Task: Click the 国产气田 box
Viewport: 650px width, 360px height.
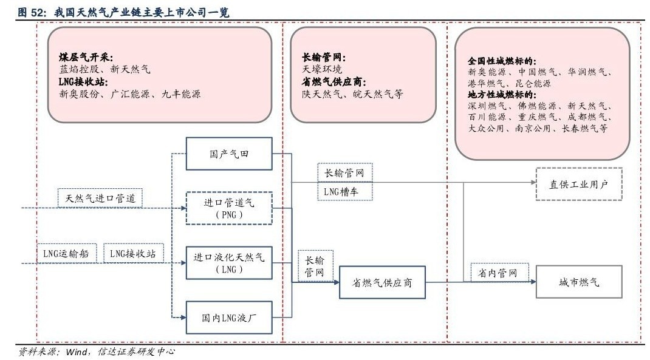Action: (228, 154)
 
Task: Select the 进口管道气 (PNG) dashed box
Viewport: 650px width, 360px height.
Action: (228, 208)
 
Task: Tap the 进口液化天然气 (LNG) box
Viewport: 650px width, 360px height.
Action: (228, 263)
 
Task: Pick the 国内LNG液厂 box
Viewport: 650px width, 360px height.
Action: (228, 318)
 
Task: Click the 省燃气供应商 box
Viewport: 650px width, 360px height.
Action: (381, 282)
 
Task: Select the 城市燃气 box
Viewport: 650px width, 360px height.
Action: (579, 282)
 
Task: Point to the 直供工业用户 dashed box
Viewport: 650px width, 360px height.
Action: (579, 185)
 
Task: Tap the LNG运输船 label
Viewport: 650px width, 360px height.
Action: (66, 253)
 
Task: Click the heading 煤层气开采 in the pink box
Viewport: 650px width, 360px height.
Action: (86, 58)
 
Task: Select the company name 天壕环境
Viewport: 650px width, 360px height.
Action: (322, 70)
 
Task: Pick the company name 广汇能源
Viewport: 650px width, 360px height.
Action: (126, 94)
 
